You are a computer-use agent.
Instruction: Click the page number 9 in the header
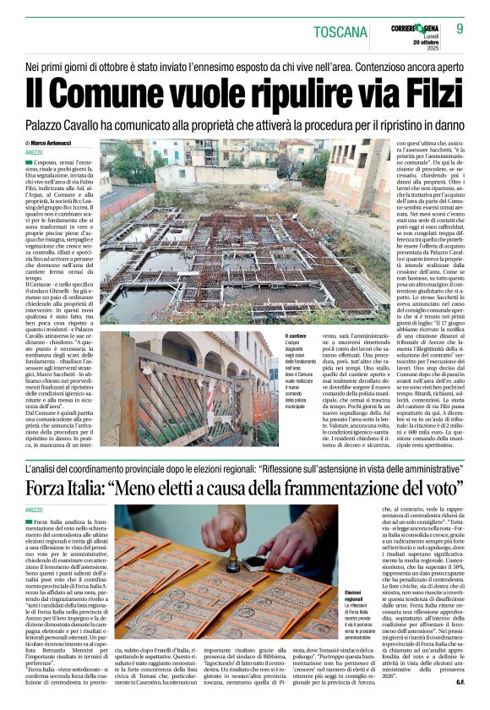(x=460, y=29)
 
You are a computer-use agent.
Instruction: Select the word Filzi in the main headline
(x=426, y=91)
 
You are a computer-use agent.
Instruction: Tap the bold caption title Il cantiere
(x=297, y=336)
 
